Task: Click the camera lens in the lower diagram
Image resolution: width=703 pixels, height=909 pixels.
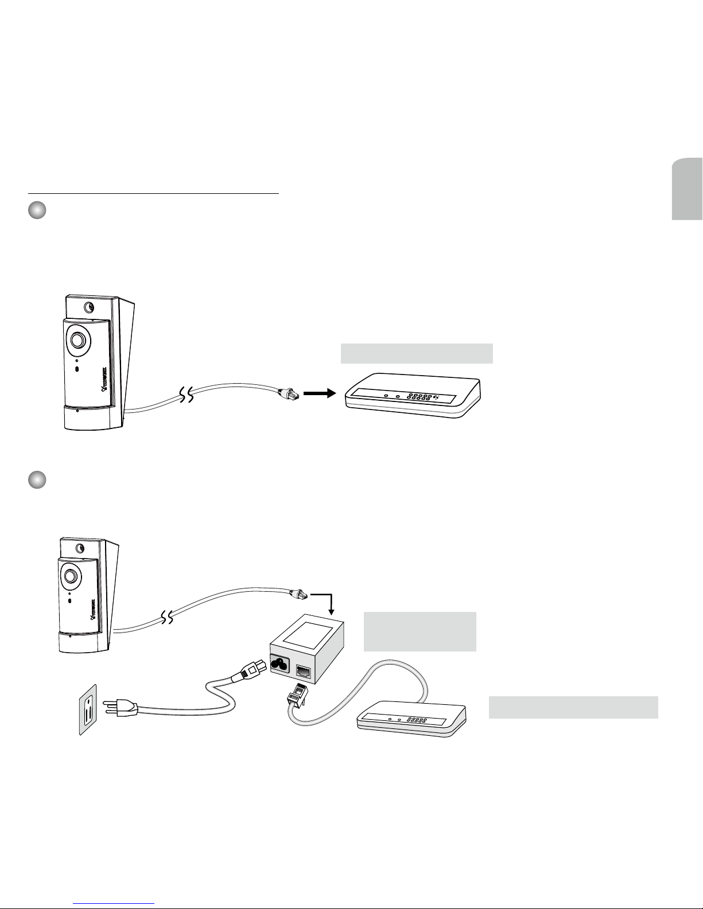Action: click(71, 575)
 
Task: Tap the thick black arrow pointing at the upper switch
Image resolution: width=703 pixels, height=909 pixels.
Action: click(319, 393)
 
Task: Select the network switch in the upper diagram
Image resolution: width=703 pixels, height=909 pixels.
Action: click(413, 396)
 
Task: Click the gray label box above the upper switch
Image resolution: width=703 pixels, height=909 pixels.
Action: click(417, 353)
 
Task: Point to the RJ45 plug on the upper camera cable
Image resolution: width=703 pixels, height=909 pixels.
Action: click(286, 393)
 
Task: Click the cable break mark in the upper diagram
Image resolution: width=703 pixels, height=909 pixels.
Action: click(185, 395)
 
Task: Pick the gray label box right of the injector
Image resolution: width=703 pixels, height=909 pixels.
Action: click(420, 631)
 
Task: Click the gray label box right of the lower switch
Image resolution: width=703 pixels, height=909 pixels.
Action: click(573, 707)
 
